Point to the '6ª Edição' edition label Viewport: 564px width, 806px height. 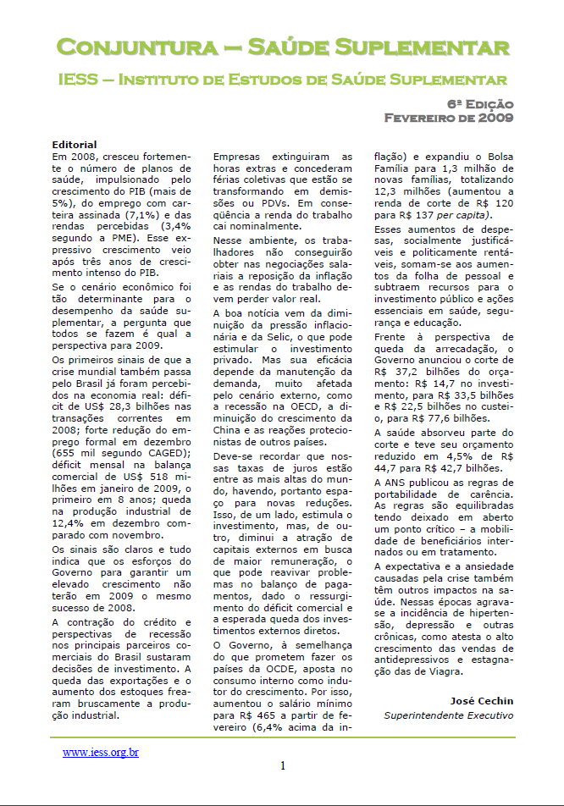480,103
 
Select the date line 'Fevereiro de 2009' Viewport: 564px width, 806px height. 449,118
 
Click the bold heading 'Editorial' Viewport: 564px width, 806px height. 75,145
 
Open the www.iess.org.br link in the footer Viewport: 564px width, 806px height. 101,752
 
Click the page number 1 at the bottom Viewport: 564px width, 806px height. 283,766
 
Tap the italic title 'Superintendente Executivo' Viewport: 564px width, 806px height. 448,715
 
